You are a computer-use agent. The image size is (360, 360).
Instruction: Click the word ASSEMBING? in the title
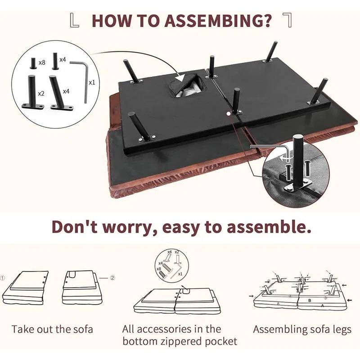point(218,21)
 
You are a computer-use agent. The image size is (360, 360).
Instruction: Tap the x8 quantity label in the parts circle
point(42,62)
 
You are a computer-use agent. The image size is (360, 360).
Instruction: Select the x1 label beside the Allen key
point(92,82)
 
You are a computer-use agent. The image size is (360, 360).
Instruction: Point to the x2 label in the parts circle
point(41,94)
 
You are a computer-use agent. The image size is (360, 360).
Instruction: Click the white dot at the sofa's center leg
point(228,113)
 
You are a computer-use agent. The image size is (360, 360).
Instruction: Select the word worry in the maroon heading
point(128,227)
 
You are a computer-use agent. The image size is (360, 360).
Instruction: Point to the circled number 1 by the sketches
point(3,278)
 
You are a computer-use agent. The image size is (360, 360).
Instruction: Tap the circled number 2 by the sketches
point(112,278)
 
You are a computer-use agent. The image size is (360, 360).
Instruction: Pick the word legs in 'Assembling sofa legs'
point(341,330)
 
